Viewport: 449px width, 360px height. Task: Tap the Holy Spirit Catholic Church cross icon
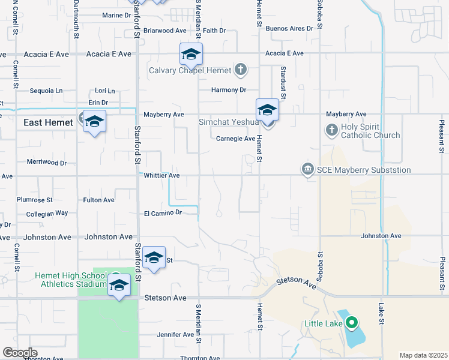pyautogui.click(x=331, y=129)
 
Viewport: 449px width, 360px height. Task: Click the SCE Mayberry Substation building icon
pyautogui.click(x=308, y=170)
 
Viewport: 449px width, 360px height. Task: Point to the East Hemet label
pyautogui.click(x=48, y=122)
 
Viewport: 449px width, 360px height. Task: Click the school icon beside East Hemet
pyautogui.click(x=94, y=122)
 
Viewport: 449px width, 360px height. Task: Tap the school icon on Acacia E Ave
pyautogui.click(x=191, y=55)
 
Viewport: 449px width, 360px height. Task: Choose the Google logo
pyautogui.click(x=20, y=353)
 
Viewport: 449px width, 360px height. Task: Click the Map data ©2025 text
pyautogui.click(x=423, y=355)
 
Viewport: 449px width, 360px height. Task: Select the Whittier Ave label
pyautogui.click(x=162, y=175)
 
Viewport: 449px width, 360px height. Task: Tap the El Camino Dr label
pyautogui.click(x=162, y=212)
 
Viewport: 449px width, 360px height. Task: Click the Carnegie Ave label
pyautogui.click(x=236, y=139)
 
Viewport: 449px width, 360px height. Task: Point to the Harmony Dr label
pyautogui.click(x=229, y=90)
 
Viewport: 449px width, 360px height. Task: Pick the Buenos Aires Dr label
pyautogui.click(x=289, y=28)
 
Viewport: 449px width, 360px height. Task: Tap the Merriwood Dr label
pyautogui.click(x=46, y=162)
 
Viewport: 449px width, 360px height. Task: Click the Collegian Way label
pyautogui.click(x=47, y=213)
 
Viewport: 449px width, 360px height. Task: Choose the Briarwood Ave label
pyautogui.click(x=164, y=30)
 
